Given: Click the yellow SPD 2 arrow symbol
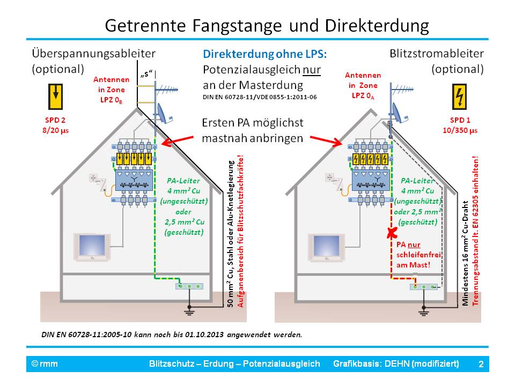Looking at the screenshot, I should (x=55, y=97).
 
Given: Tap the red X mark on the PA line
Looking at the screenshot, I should (x=393, y=232).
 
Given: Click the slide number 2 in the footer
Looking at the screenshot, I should (x=481, y=365).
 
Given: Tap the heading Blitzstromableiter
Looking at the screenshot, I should (x=436, y=54).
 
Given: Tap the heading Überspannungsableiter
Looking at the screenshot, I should (x=93, y=54).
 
